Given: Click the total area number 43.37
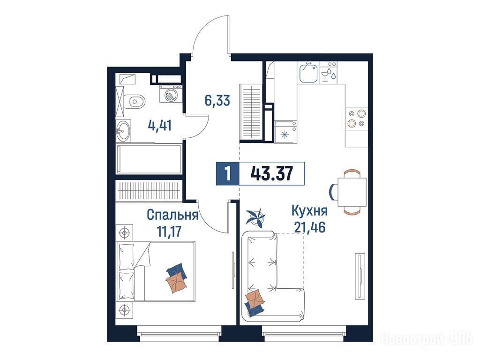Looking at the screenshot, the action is [x=271, y=173].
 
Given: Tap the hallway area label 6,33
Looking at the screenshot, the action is [x=217, y=100].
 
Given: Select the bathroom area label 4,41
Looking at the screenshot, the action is [x=160, y=125].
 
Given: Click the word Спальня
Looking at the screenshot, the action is [x=172, y=215].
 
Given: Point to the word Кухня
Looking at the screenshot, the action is [x=309, y=210].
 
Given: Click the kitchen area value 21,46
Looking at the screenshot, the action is [x=309, y=227].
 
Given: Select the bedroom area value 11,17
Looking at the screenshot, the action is [x=169, y=231].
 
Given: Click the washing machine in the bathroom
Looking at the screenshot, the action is [x=171, y=94].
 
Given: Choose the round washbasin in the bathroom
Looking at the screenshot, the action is [x=123, y=131].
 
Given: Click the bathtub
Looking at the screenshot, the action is [x=149, y=159].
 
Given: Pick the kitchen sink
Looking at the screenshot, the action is [x=308, y=72].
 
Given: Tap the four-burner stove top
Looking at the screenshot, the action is [x=357, y=118].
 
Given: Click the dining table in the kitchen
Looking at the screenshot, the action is [x=352, y=192].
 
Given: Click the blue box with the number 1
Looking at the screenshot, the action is [x=227, y=173].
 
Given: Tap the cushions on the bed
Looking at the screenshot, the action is [x=177, y=277].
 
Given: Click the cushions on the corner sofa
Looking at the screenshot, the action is [x=255, y=303].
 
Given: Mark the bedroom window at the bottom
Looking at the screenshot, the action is [x=180, y=333].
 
